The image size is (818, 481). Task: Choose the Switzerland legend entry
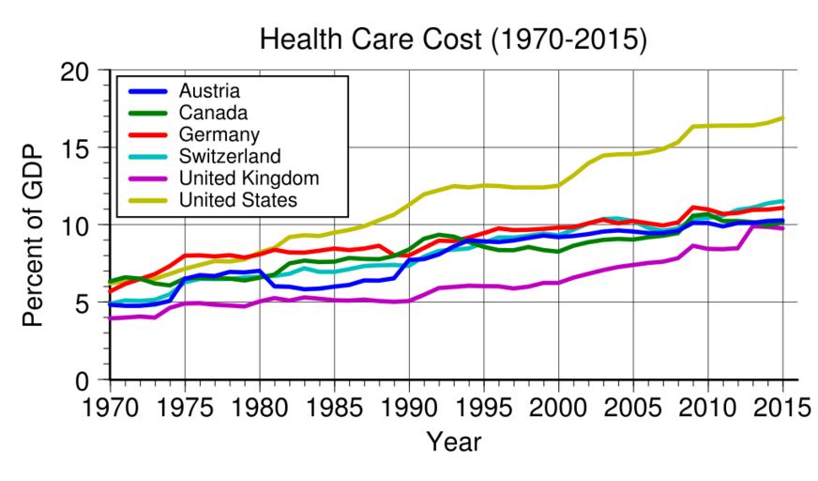click(231, 154)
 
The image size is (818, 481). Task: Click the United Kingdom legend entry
click(251, 176)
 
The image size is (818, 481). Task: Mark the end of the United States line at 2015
click(782, 118)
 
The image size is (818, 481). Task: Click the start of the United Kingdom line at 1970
click(111, 318)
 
